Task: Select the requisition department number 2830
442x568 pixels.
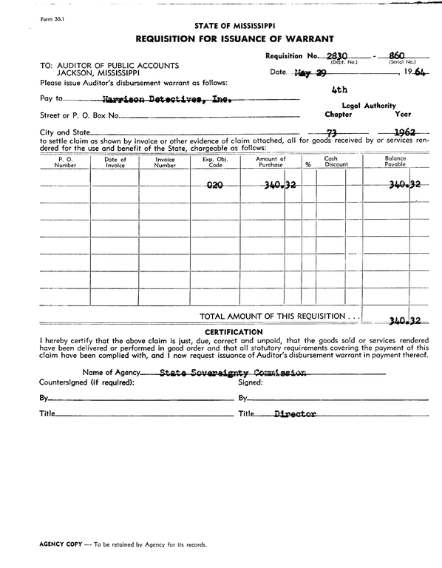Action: (x=337, y=55)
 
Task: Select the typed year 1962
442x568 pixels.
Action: (x=404, y=133)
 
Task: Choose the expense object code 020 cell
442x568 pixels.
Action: (x=215, y=185)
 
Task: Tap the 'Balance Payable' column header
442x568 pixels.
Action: (x=395, y=162)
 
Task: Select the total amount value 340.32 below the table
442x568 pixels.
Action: (x=405, y=320)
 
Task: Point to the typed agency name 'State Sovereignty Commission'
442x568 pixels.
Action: (x=233, y=373)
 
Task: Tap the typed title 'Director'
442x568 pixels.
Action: (x=295, y=414)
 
